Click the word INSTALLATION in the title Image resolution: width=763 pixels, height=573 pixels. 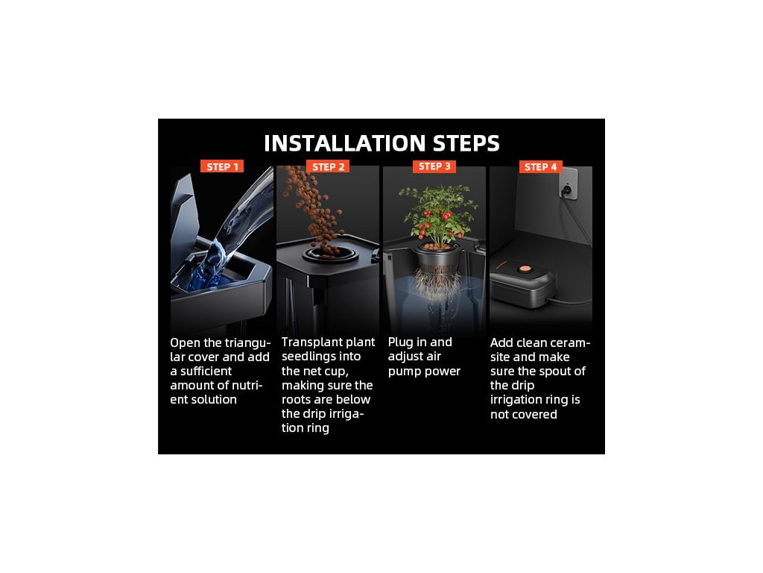[345, 143]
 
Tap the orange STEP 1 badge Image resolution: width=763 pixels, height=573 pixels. [222, 166]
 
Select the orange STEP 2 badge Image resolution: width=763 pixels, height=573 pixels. [328, 166]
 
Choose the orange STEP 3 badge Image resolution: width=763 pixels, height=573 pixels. [434, 166]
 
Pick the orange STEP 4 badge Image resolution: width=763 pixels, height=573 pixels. [541, 166]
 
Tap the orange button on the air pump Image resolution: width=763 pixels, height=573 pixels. [524, 269]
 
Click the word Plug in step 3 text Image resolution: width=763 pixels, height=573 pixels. [400, 342]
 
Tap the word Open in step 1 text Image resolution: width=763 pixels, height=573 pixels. [186, 343]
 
